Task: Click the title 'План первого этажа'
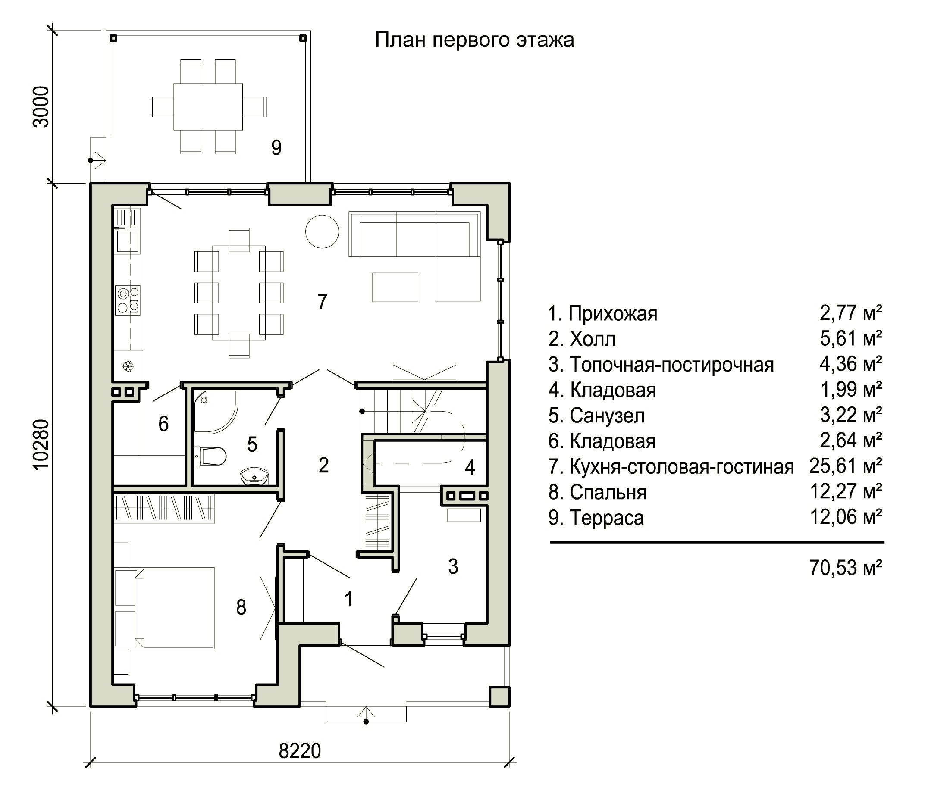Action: [474, 40]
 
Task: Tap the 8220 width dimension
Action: [300, 751]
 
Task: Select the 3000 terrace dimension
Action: [41, 106]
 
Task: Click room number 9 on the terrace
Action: [276, 147]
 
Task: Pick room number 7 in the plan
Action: [323, 302]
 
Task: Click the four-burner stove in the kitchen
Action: [128, 300]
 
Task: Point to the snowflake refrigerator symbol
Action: [128, 366]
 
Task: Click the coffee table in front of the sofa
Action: [395, 287]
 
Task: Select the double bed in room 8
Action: [165, 608]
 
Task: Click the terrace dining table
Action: [208, 106]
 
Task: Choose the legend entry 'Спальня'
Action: [608, 493]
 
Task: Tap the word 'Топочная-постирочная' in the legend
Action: [672, 365]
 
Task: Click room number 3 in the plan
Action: [453, 566]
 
